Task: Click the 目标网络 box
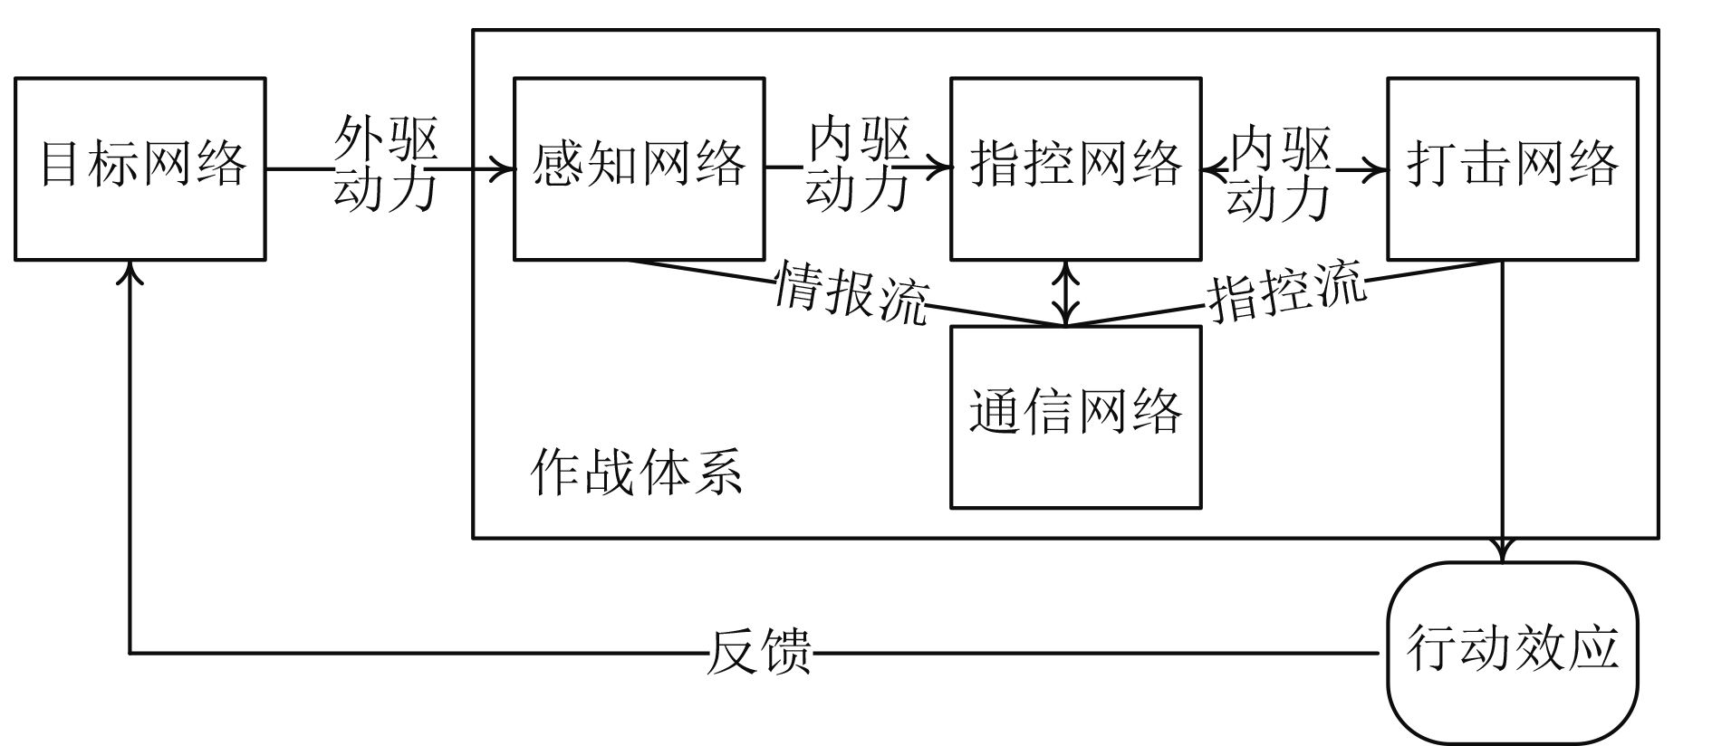coord(140,168)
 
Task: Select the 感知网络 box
coord(639,168)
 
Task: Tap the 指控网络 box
coord(1075,168)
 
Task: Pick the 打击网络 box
coord(1512,168)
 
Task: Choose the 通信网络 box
coord(1075,416)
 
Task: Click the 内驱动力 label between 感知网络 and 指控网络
coord(858,164)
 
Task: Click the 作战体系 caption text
coord(637,472)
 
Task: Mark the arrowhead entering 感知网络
coord(504,168)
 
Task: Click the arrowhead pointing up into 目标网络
coord(132,271)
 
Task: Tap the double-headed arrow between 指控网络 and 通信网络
coord(1069,292)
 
